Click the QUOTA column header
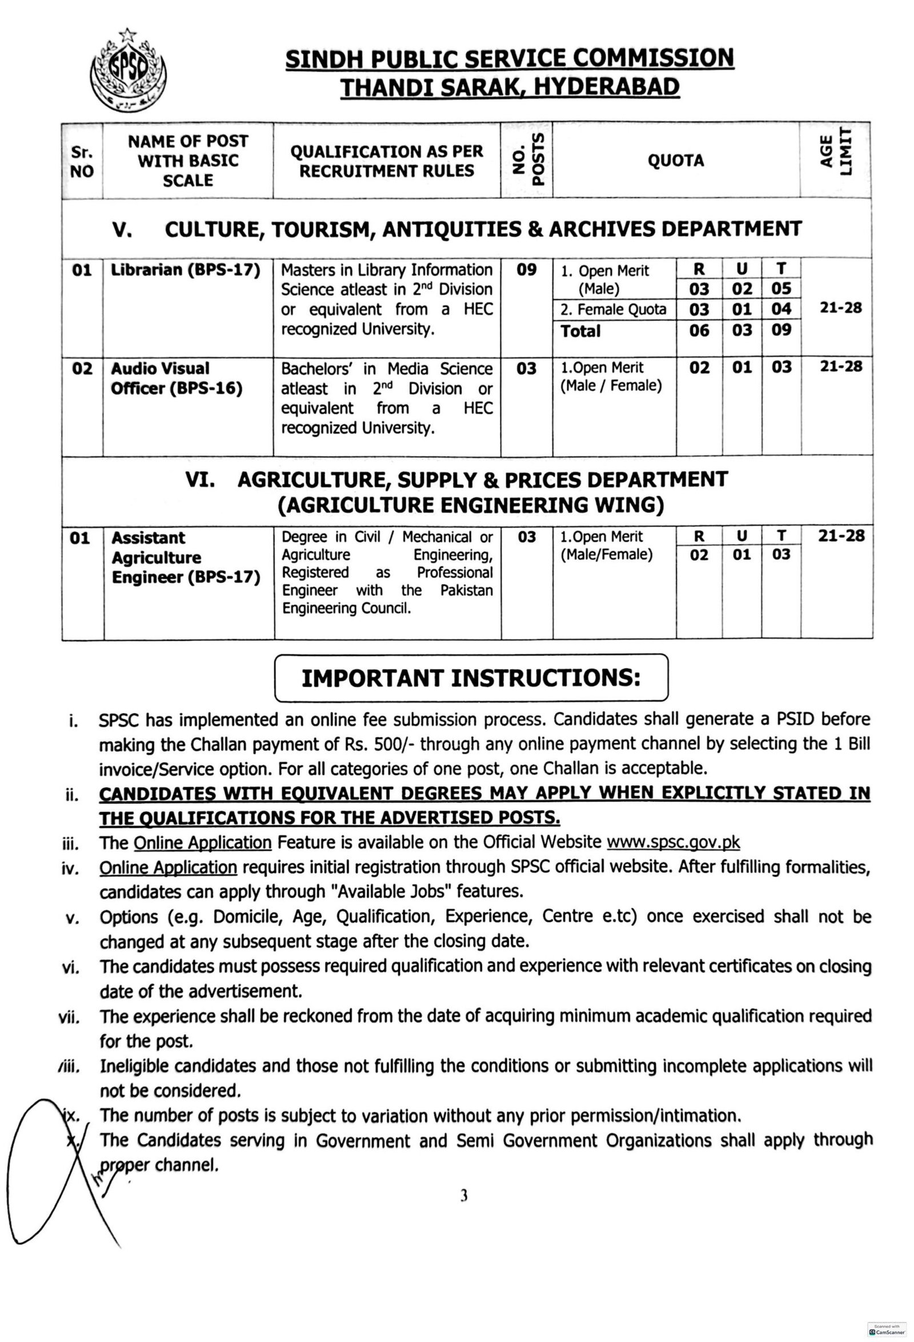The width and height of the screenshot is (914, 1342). (x=676, y=161)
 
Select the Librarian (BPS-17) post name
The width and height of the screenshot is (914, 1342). (x=185, y=270)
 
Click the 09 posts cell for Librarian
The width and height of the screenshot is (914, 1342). (x=527, y=270)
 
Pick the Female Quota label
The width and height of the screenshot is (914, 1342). (x=613, y=310)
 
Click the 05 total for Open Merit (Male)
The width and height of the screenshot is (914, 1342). (x=781, y=288)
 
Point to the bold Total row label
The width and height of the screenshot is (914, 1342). (x=581, y=331)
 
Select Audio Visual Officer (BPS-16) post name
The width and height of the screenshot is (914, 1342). (x=176, y=378)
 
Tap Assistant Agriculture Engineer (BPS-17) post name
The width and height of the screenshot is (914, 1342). (x=185, y=558)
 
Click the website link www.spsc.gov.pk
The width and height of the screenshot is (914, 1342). (x=674, y=842)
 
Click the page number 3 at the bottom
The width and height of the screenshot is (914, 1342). (x=463, y=1197)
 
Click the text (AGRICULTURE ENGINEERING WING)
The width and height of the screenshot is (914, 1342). (x=471, y=505)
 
